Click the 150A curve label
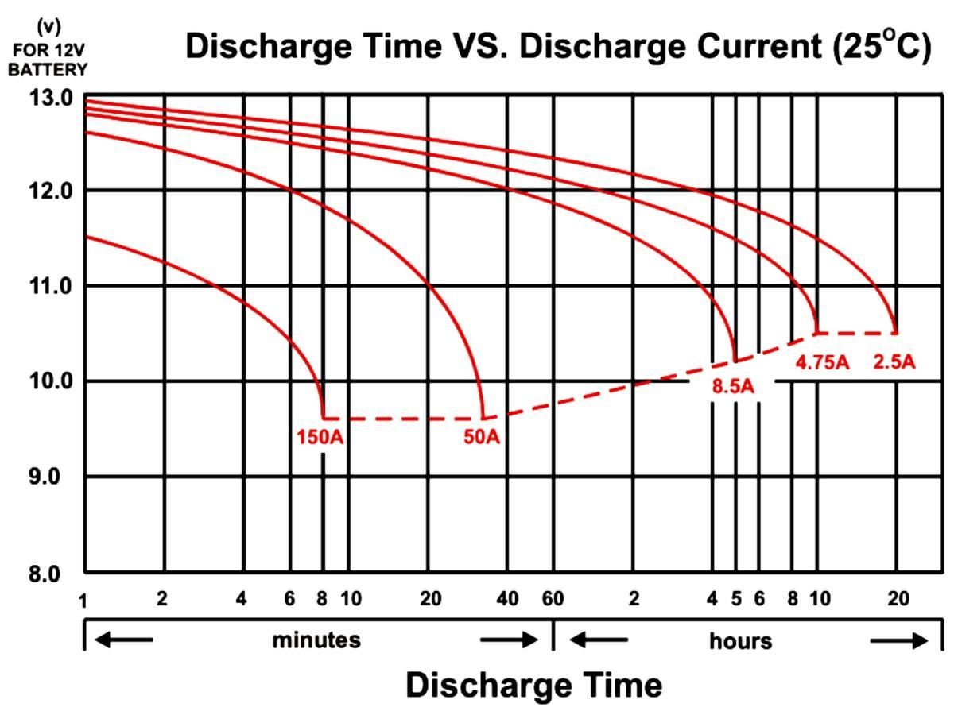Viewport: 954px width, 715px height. tap(320, 437)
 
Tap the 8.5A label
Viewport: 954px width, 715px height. tap(732, 387)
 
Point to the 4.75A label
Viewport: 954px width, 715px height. tap(823, 363)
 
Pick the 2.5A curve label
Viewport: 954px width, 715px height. tap(894, 362)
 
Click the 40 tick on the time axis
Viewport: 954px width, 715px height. tap(507, 599)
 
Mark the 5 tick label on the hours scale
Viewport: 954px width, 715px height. tap(736, 599)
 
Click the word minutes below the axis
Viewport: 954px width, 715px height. tap(316, 640)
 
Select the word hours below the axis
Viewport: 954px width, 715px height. tap(740, 640)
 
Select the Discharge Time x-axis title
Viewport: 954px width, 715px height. tap(533, 685)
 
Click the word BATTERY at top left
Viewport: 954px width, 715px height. tap(48, 70)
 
